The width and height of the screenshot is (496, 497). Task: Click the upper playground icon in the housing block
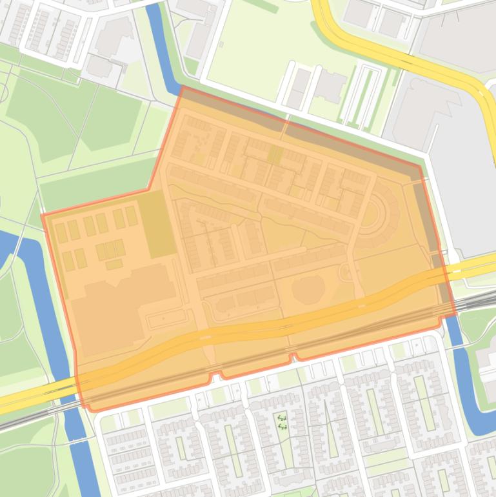pos(281,418)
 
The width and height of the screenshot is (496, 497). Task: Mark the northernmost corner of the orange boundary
pos(183,86)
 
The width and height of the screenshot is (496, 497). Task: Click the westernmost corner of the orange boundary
pos(43,215)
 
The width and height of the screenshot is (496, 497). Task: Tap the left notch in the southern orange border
pos(215,374)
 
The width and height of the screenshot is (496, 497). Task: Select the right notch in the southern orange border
pos(295,355)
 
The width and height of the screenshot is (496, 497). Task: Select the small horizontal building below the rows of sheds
pos(114,265)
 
